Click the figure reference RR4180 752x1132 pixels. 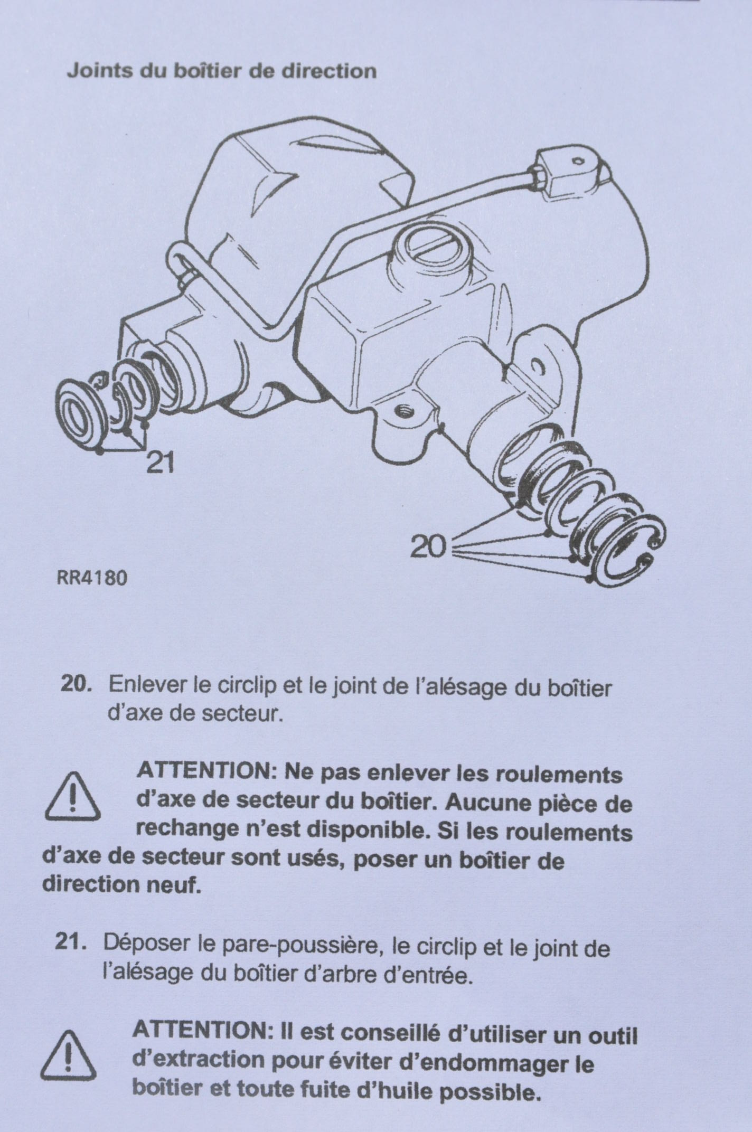(x=91, y=579)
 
